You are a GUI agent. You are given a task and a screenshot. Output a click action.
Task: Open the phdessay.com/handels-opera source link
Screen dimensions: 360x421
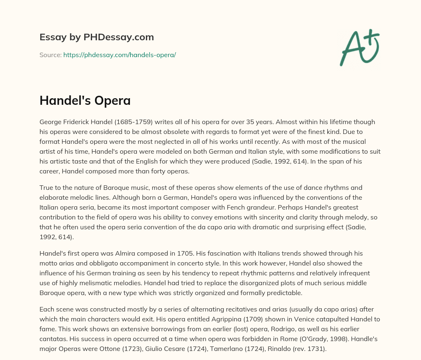tap(120, 55)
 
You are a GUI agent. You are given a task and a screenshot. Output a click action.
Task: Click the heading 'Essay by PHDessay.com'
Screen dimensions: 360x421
tap(97, 37)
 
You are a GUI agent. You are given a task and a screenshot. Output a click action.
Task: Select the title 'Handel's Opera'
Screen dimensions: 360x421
tap(85, 100)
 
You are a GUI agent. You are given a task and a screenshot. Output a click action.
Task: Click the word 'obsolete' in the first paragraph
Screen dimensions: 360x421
tap(171, 131)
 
